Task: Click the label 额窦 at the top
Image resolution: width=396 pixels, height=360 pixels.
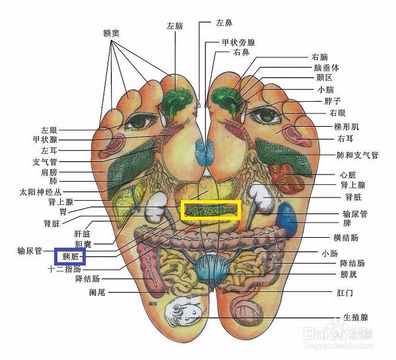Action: click(111, 33)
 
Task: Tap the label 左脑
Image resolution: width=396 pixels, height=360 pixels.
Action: click(174, 26)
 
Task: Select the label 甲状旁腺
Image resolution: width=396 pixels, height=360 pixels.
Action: click(238, 42)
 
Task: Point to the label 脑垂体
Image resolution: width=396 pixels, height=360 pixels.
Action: click(326, 67)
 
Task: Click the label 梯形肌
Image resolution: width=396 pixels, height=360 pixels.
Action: click(346, 126)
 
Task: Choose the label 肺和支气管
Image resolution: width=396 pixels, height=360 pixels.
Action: click(357, 155)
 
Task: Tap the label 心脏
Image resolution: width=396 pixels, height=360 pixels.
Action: click(348, 174)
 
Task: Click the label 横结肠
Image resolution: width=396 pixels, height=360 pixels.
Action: click(346, 238)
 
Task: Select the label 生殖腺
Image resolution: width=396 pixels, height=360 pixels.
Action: click(356, 318)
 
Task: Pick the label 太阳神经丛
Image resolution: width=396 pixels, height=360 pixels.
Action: click(40, 192)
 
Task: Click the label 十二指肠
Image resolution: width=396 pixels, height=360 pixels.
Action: click(65, 269)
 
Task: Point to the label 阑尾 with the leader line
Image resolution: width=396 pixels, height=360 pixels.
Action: click(97, 293)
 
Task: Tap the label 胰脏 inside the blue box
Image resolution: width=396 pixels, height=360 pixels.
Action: click(71, 257)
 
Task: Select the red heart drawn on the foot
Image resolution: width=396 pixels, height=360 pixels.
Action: click(286, 178)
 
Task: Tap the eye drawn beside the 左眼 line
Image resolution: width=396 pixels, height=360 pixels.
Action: click(139, 122)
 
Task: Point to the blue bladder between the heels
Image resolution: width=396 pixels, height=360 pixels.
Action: click(212, 271)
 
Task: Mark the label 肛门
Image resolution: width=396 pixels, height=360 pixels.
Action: click(345, 293)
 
